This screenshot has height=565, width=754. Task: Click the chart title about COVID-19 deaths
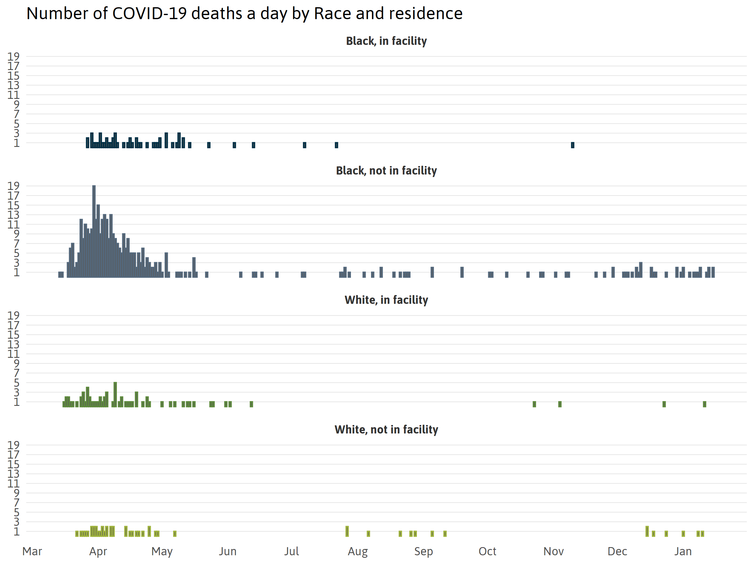click(244, 13)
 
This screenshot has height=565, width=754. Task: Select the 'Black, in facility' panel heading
click(386, 41)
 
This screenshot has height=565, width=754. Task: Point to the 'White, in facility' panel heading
click(386, 300)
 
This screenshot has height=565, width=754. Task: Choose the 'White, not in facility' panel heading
click(386, 429)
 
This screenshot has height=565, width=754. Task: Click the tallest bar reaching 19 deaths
click(94, 232)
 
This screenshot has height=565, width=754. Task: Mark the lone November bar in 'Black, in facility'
click(573, 145)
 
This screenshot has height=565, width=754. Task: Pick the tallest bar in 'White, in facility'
click(115, 395)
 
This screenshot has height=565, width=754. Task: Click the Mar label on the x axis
click(32, 552)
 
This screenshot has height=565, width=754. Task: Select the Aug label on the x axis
click(358, 552)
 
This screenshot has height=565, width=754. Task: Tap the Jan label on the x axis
click(683, 552)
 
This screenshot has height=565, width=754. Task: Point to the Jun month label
click(227, 552)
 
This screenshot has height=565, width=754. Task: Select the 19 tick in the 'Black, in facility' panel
click(14, 56)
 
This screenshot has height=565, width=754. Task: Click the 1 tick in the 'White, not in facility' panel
click(16, 532)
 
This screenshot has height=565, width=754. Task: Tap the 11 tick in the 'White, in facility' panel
click(14, 354)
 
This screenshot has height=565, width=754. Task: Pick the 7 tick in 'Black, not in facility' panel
click(16, 244)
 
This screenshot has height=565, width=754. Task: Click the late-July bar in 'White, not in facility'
click(347, 531)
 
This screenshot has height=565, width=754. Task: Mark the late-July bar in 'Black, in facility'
click(336, 145)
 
